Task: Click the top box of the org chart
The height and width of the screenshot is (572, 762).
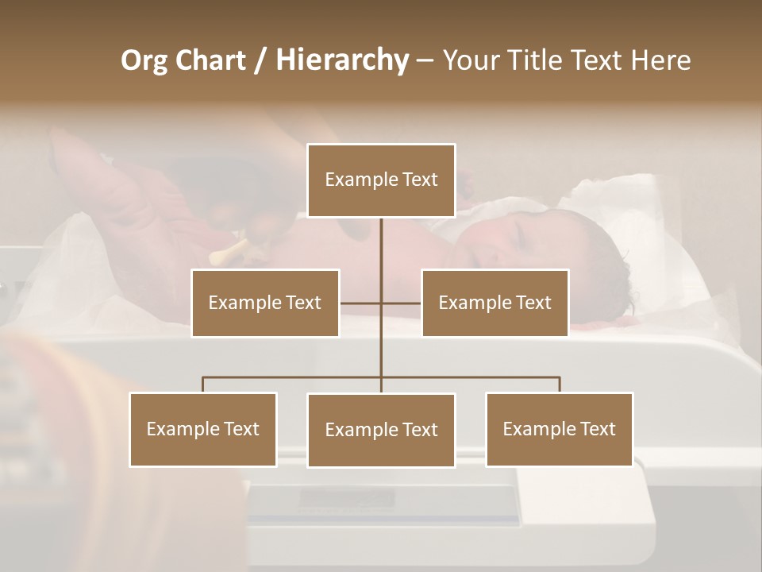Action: [381, 180]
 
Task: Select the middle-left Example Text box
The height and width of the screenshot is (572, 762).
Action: [265, 303]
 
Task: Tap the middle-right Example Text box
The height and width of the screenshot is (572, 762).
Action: [495, 303]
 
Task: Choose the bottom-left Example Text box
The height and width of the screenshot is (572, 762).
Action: [203, 429]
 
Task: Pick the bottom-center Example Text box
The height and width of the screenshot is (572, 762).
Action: [381, 430]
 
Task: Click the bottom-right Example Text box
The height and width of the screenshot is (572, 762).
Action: [559, 429]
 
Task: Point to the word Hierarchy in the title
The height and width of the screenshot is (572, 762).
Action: [341, 60]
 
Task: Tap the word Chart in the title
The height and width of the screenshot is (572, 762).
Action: [210, 60]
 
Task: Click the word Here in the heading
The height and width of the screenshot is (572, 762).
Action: [660, 60]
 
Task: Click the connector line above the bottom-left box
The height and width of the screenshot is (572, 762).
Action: [203, 385]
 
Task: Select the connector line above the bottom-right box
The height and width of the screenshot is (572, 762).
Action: [560, 385]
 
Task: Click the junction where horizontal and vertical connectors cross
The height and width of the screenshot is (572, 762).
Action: [381, 303]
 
